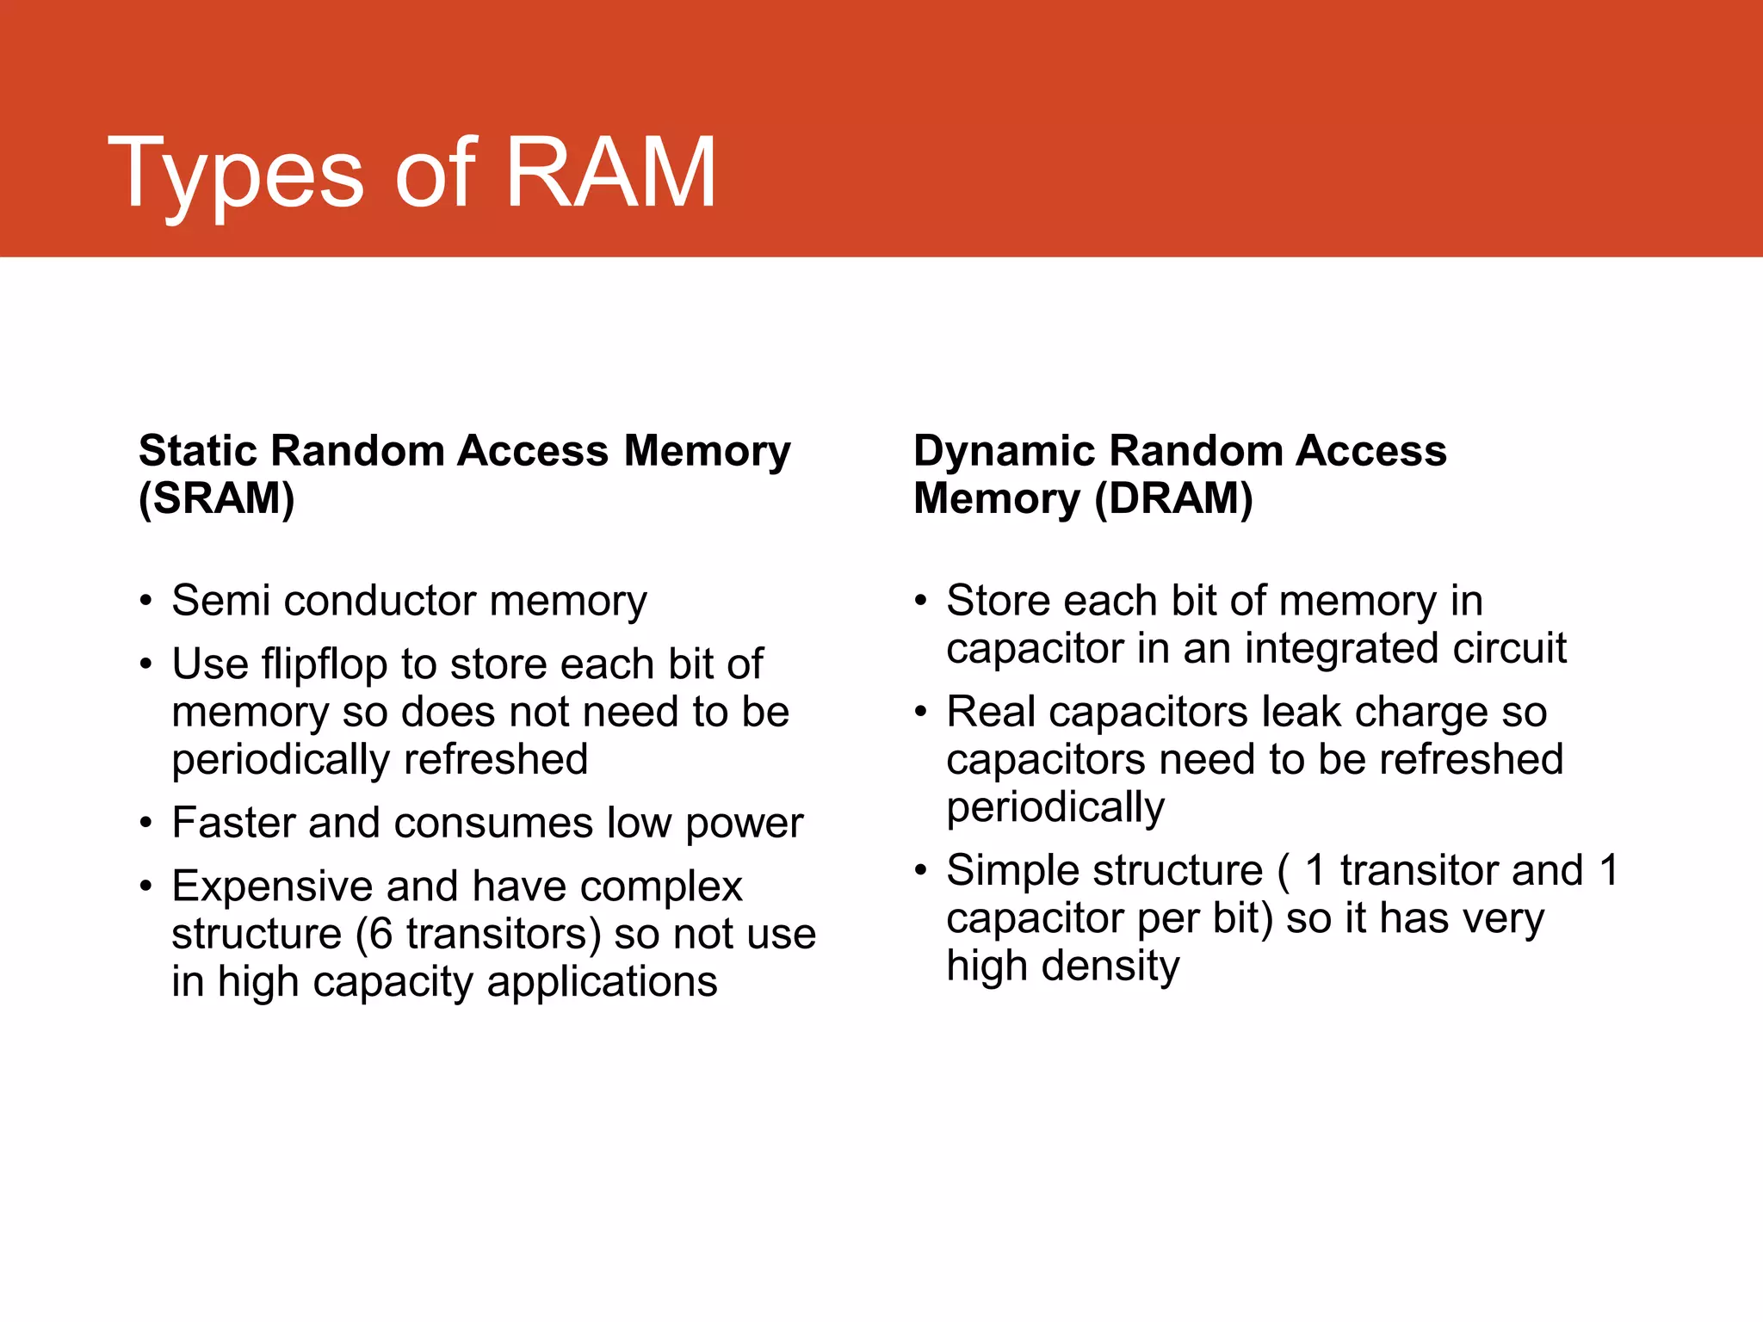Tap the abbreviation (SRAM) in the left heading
[217, 498]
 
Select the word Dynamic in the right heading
[1004, 450]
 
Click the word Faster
[234, 823]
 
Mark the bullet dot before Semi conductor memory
[146, 601]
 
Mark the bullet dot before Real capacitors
[921, 712]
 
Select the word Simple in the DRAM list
[1018, 870]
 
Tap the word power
[744, 824]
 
